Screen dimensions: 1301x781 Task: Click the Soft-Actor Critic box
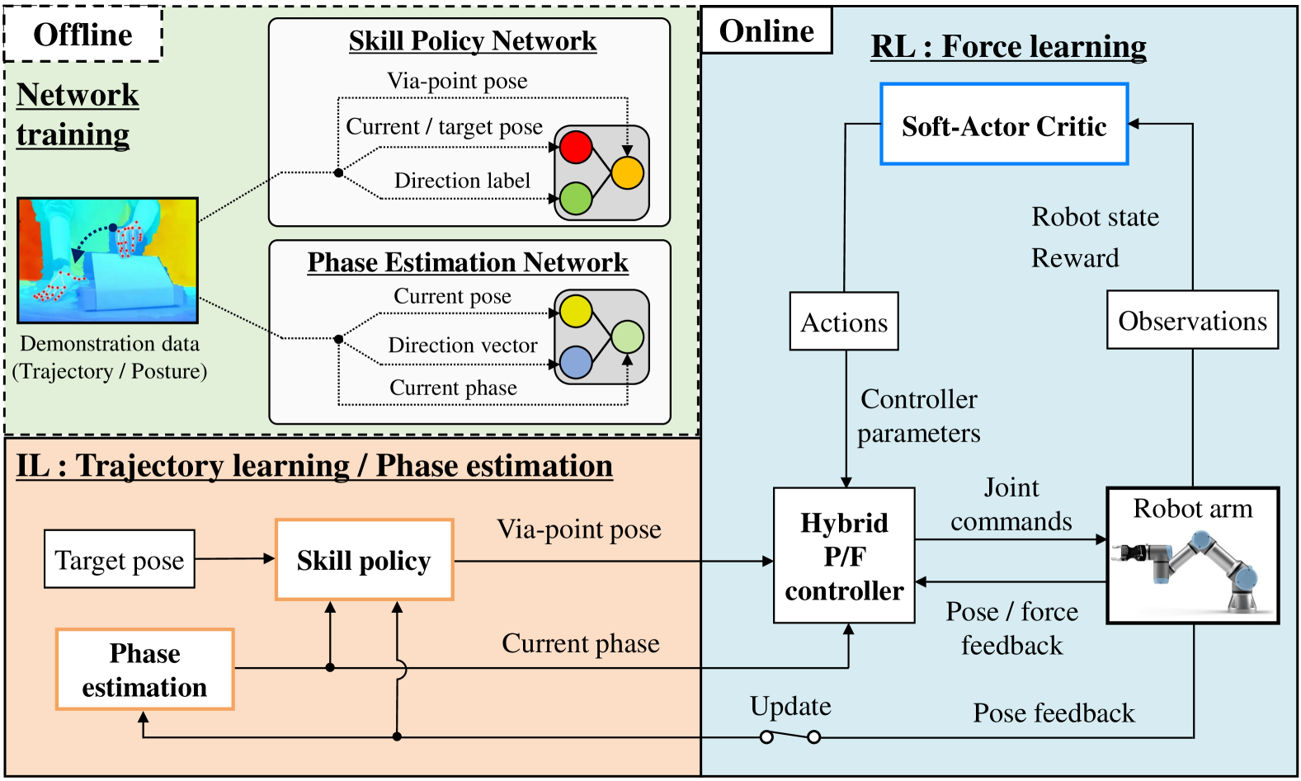click(x=1004, y=125)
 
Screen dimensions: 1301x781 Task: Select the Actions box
click(x=844, y=321)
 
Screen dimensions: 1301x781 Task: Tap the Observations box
click(x=1192, y=320)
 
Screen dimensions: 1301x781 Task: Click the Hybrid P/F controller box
click(x=844, y=555)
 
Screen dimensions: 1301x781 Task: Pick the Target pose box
click(x=120, y=559)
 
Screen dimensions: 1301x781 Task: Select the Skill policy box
click(x=364, y=559)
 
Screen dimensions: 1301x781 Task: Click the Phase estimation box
click(x=144, y=669)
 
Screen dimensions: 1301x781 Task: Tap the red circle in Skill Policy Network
click(x=576, y=147)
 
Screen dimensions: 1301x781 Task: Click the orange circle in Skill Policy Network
click(x=628, y=172)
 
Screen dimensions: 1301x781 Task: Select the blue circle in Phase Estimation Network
click(x=576, y=362)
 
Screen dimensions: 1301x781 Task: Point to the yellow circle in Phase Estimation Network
click(x=576, y=311)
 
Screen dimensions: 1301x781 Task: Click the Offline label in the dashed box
click(x=82, y=35)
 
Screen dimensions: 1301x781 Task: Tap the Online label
click(x=766, y=31)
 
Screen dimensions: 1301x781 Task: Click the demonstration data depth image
click(x=107, y=260)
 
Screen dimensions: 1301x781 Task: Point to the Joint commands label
click(x=1011, y=504)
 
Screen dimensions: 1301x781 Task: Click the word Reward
click(x=1075, y=258)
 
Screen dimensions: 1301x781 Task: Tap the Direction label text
click(x=462, y=180)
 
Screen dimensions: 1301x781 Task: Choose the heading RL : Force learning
click(x=1009, y=46)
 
